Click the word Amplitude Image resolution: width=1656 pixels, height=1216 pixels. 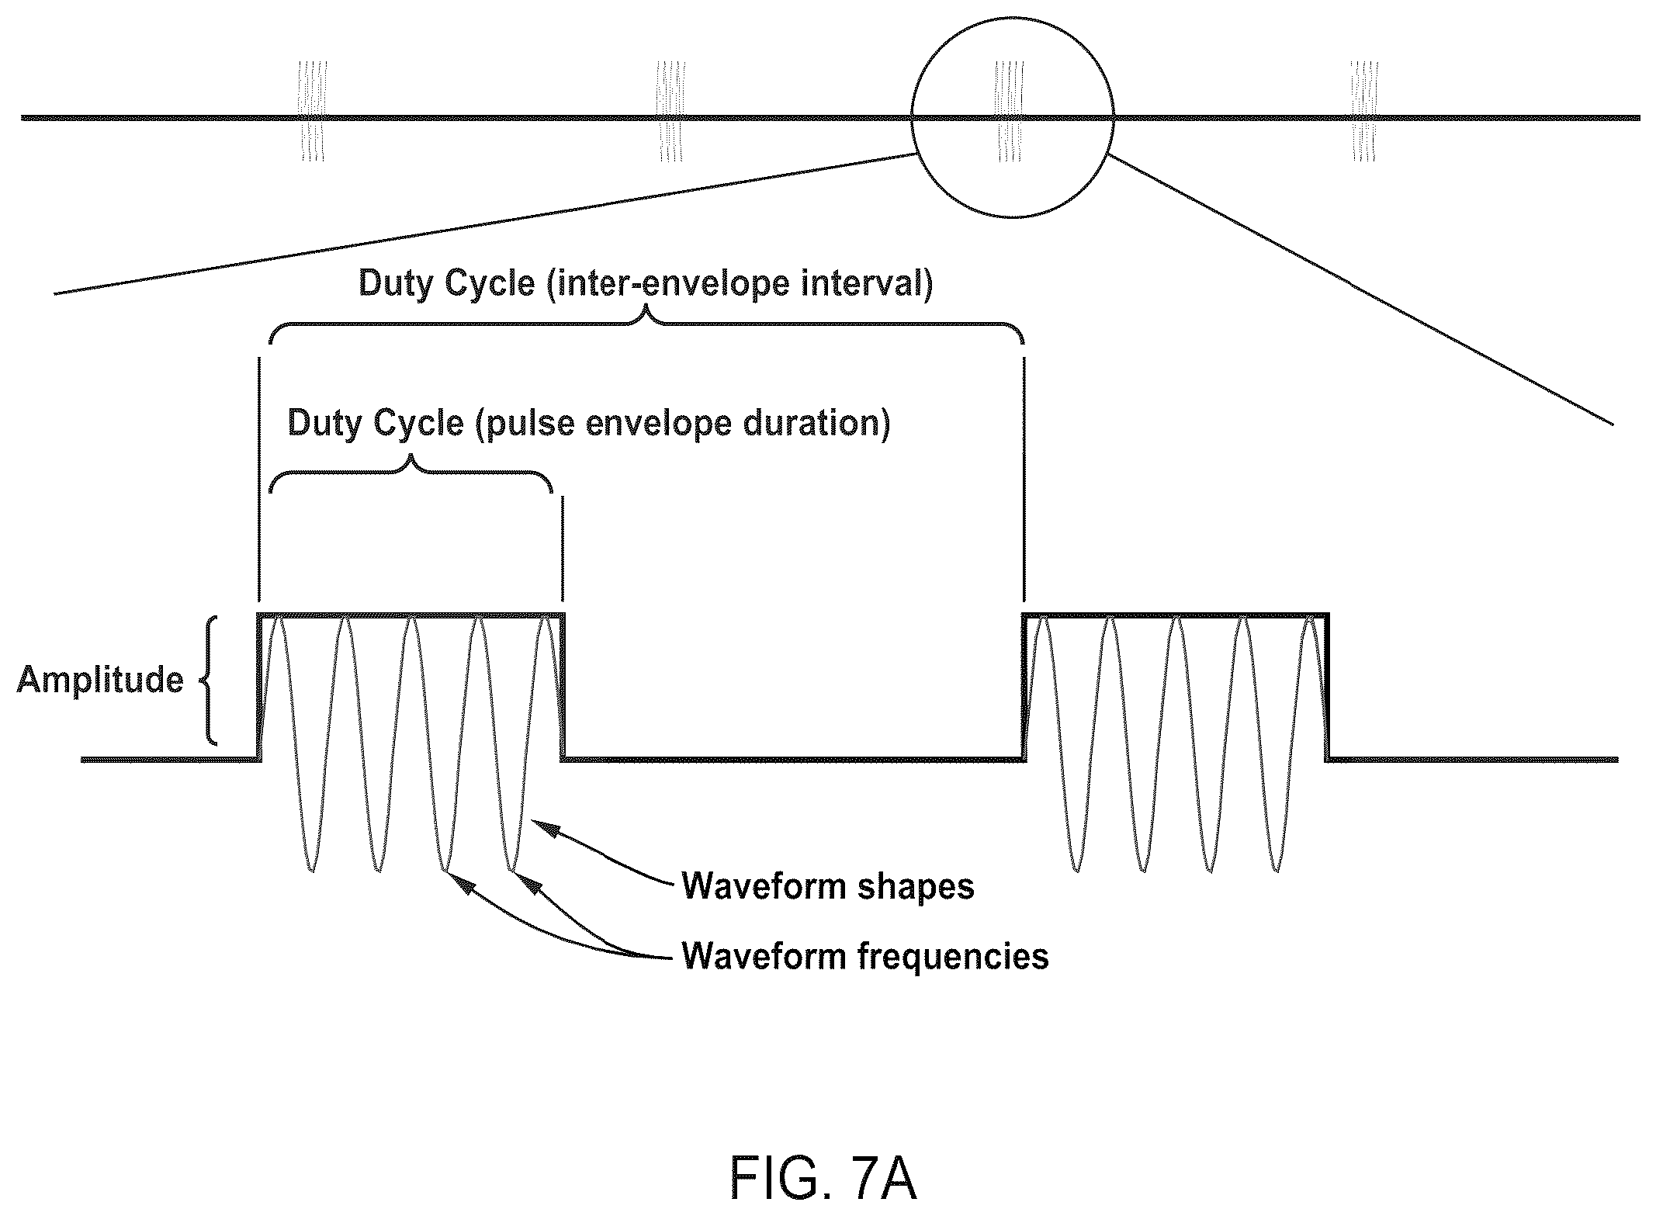click(x=100, y=681)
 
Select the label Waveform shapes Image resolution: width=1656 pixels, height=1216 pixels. click(x=828, y=886)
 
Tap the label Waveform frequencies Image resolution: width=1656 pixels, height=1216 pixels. click(x=865, y=955)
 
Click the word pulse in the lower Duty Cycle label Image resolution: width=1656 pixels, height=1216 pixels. click(x=528, y=424)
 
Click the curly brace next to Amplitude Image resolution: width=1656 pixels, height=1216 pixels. click(x=209, y=681)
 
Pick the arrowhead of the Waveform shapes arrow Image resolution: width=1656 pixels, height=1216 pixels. click(x=545, y=827)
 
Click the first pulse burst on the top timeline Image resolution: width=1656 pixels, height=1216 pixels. click(x=313, y=112)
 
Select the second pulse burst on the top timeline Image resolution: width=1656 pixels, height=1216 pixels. click(x=671, y=112)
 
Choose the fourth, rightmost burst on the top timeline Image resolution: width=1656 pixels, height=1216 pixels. click(x=1363, y=112)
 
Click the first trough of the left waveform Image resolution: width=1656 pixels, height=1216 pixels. click(x=311, y=869)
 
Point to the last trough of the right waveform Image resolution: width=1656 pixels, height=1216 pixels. click(x=1277, y=869)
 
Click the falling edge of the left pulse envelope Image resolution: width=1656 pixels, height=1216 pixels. click(x=563, y=686)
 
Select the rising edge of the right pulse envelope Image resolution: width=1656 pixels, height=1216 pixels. click(x=1025, y=686)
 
